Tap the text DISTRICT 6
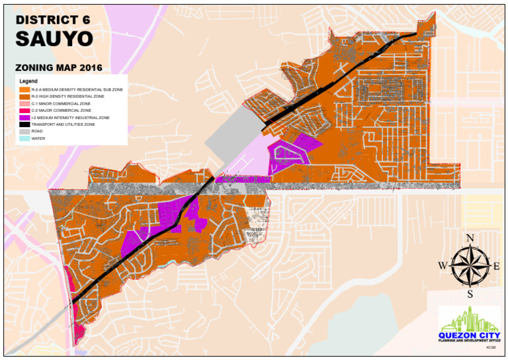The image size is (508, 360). [x=53, y=19]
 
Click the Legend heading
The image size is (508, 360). [x=28, y=81]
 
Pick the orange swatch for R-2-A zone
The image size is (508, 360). [x=24, y=89]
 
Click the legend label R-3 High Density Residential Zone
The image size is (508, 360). [x=67, y=96]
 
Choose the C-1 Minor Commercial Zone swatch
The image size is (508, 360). [x=24, y=103]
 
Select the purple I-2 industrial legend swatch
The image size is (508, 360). [x=24, y=117]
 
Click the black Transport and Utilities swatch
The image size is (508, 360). [x=24, y=124]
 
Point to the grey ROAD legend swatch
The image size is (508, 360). [x=24, y=131]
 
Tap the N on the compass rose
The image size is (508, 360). [x=470, y=238]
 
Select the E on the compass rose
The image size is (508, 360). [x=497, y=266]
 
